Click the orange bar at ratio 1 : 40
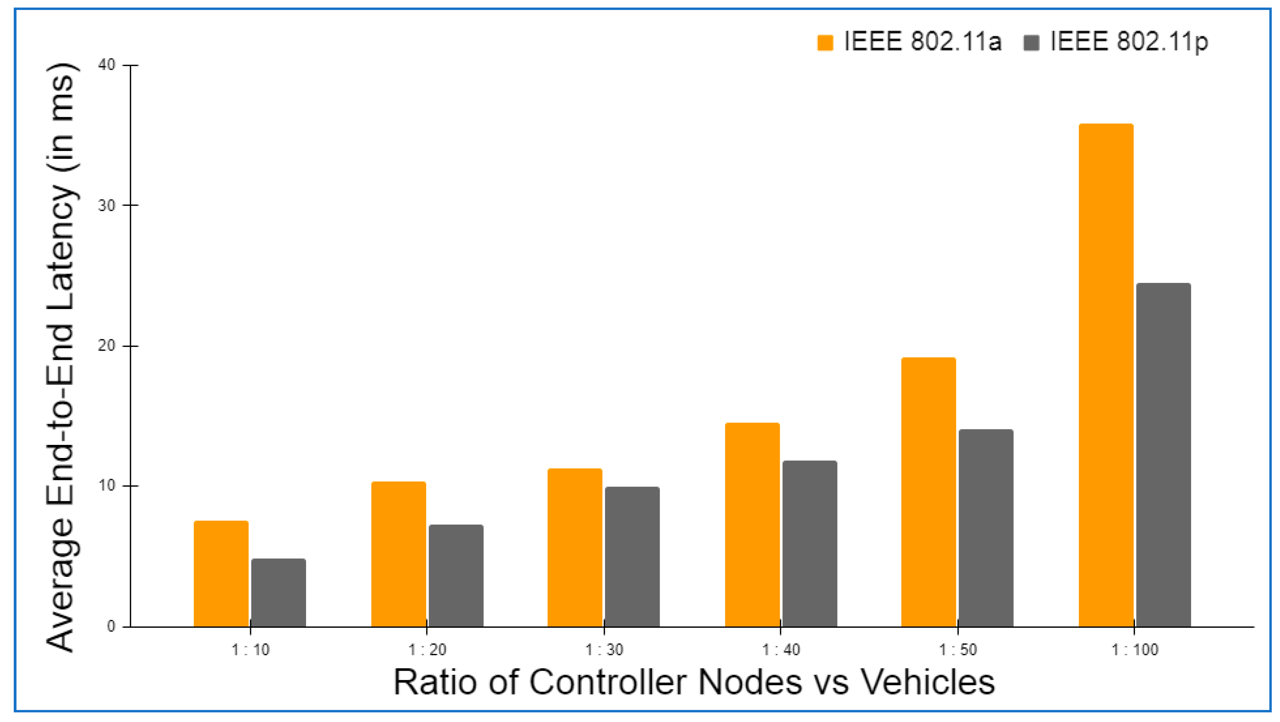click(x=752, y=525)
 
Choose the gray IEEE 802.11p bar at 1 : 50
click(x=986, y=528)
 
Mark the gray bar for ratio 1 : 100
click(x=1163, y=455)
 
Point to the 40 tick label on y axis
click(x=106, y=65)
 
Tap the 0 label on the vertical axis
click(x=111, y=626)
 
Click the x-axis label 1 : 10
click(x=250, y=649)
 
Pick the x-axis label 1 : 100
click(x=1134, y=649)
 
